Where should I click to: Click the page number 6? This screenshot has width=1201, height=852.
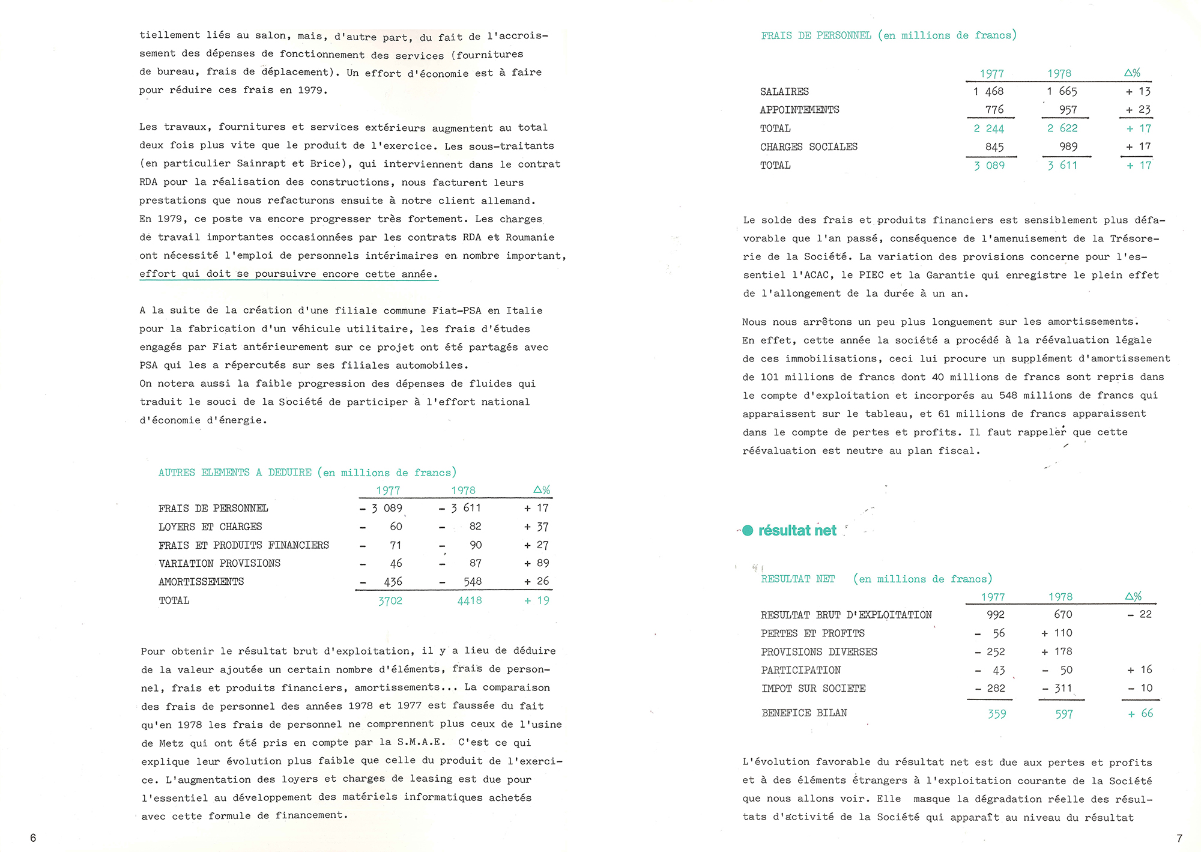pyautogui.click(x=33, y=838)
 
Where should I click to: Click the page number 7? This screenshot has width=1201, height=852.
pyautogui.click(x=1179, y=838)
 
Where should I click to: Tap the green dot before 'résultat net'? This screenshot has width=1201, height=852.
pyautogui.click(x=748, y=531)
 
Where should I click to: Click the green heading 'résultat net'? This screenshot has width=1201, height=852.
pyautogui.click(x=797, y=531)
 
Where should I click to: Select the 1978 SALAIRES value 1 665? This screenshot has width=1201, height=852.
pyautogui.click(x=1062, y=91)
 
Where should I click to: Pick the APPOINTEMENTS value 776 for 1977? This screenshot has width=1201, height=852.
pyautogui.click(x=994, y=110)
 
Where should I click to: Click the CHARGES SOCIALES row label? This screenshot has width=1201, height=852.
pyautogui.click(x=808, y=147)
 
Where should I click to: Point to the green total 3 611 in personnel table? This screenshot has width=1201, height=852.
pyautogui.click(x=1062, y=165)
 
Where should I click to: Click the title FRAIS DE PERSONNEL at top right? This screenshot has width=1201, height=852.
pyautogui.click(x=816, y=35)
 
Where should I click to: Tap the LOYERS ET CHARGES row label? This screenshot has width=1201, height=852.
pyautogui.click(x=210, y=527)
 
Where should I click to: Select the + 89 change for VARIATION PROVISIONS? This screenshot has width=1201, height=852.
pyautogui.click(x=537, y=563)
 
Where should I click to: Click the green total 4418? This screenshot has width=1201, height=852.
pyautogui.click(x=470, y=600)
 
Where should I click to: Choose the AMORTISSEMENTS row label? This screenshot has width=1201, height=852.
pyautogui.click(x=201, y=582)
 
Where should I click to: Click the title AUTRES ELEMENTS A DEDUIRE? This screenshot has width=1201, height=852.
pyautogui.click(x=235, y=473)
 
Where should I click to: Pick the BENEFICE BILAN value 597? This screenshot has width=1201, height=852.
pyautogui.click(x=1063, y=714)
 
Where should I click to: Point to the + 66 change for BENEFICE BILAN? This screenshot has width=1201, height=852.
pyautogui.click(x=1140, y=713)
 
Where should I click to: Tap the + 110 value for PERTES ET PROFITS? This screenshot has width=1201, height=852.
pyautogui.click(x=1057, y=633)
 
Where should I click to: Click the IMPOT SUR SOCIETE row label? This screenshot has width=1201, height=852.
pyautogui.click(x=813, y=689)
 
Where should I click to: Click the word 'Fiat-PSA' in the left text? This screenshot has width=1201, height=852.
pyautogui.click(x=456, y=310)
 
